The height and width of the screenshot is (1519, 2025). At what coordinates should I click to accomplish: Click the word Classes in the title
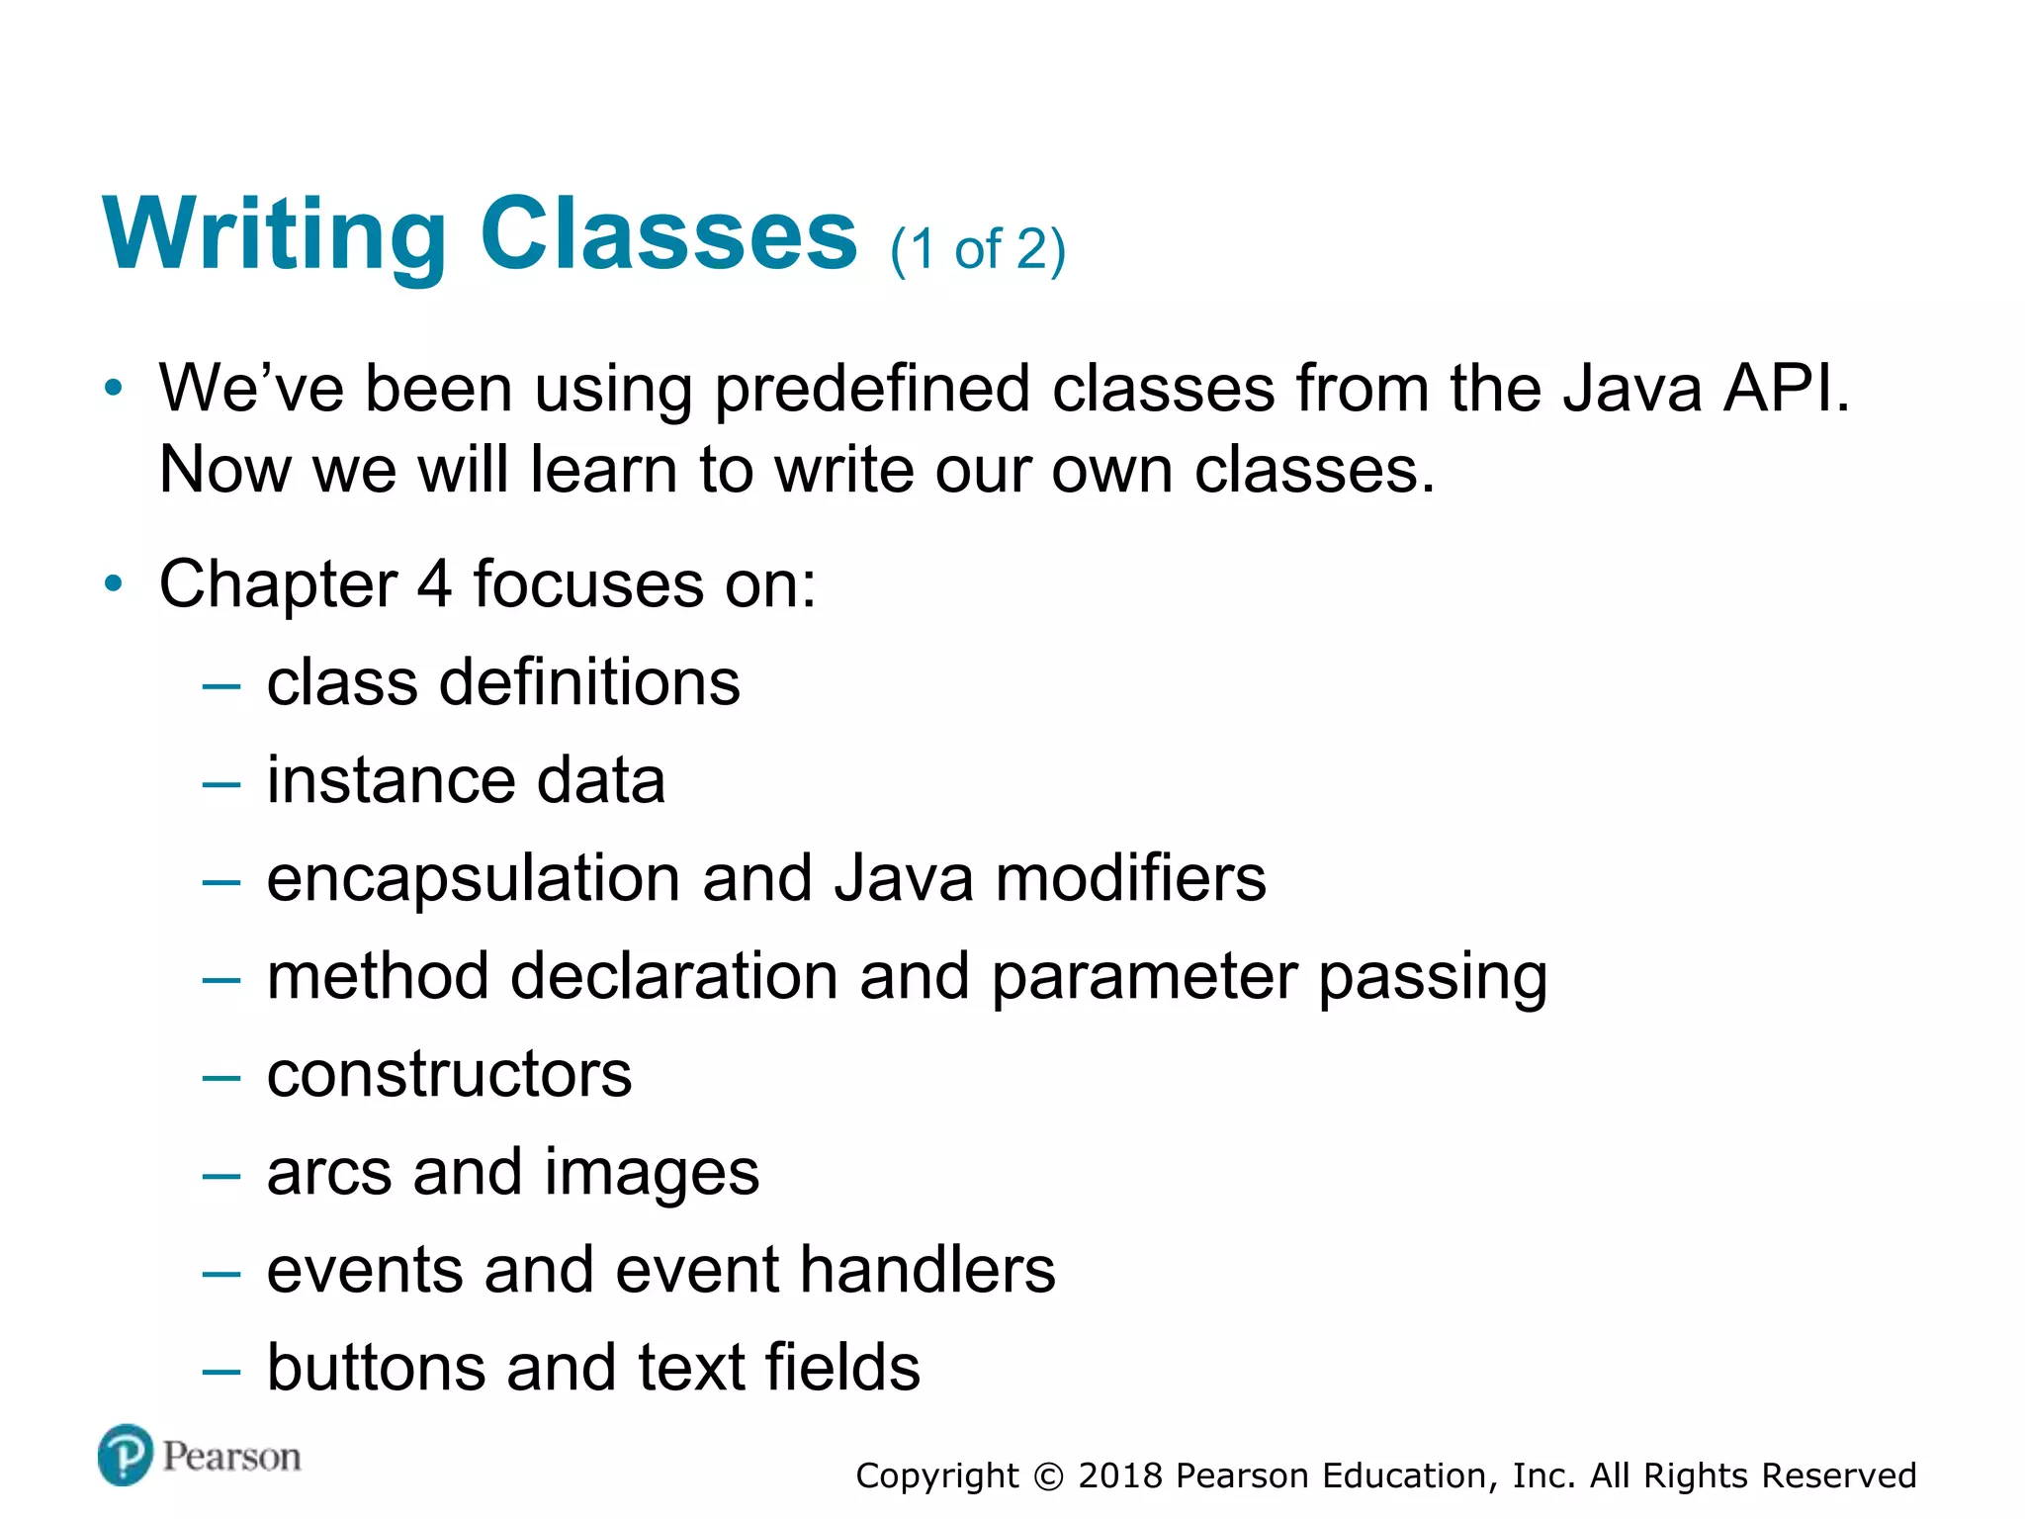668,234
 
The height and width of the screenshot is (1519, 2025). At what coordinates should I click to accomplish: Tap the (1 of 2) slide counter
977,249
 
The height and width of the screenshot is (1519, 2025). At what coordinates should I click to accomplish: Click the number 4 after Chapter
433,583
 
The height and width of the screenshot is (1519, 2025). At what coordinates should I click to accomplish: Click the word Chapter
278,584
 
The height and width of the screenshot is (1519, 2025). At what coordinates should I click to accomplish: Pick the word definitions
589,682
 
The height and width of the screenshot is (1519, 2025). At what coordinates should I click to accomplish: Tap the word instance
390,780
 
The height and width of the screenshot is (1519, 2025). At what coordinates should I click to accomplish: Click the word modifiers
1130,877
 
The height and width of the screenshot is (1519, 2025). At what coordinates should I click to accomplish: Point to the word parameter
1144,977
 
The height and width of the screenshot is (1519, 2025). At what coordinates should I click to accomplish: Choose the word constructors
449,1074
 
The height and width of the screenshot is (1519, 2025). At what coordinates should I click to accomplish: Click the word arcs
328,1173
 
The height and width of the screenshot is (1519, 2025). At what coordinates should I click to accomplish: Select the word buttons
376,1367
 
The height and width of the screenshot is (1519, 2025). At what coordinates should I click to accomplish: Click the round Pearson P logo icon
126,1455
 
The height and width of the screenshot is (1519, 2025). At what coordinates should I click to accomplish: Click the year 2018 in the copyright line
1120,1475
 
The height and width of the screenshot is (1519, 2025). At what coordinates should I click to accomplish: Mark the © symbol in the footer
1048,1476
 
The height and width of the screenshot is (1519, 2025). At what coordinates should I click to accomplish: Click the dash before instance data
220,784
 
